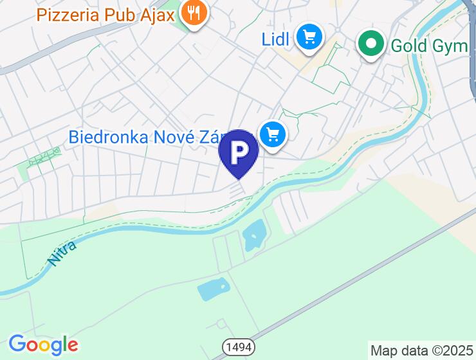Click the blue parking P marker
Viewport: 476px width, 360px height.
tap(239, 152)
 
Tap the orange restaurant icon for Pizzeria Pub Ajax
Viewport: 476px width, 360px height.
tap(192, 12)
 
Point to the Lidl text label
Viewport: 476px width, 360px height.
tap(275, 39)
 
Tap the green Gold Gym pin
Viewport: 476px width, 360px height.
tap(371, 44)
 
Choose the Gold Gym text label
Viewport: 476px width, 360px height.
tap(430, 46)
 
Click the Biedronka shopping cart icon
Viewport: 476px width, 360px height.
tap(273, 134)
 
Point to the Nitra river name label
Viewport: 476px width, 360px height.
tap(62, 253)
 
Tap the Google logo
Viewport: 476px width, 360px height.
tap(43, 345)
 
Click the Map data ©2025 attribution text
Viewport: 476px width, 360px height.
tap(421, 350)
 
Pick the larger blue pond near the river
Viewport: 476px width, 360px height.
tap(254, 235)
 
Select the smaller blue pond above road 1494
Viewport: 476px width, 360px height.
tap(213, 290)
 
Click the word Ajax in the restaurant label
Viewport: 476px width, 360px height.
tap(157, 14)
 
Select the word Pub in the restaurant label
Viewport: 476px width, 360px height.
tap(120, 14)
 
